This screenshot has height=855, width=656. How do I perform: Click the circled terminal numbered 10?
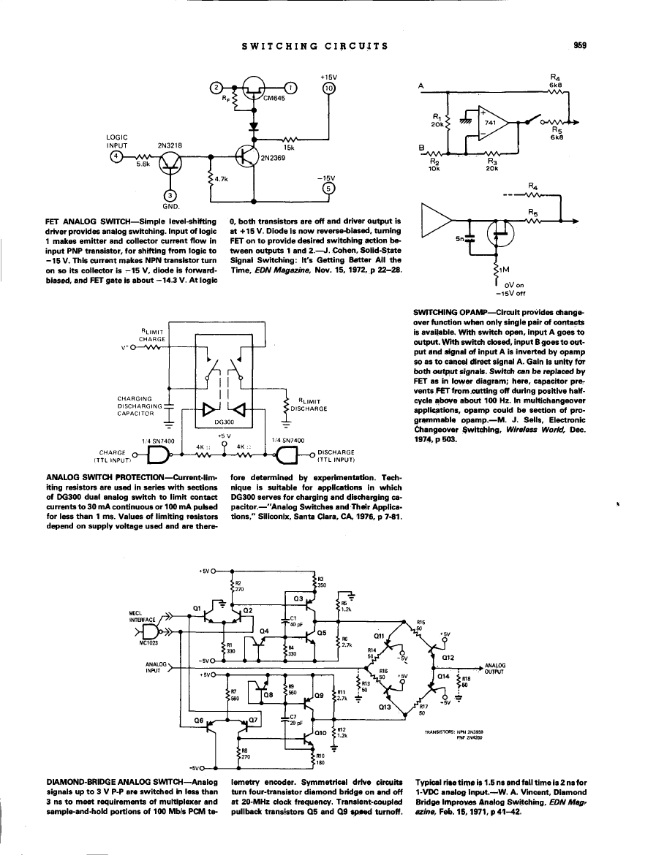point(328,88)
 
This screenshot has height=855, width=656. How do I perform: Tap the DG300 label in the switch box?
point(224,422)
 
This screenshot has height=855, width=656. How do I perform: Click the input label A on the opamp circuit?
point(421,85)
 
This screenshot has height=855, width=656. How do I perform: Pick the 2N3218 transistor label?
point(170,145)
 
